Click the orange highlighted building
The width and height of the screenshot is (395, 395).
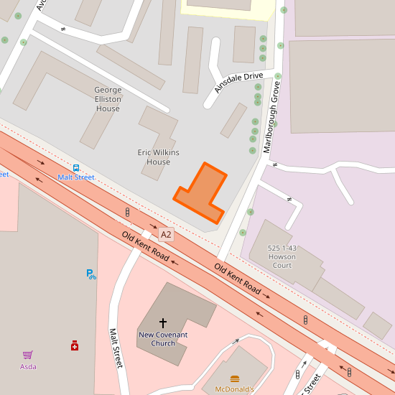click(x=203, y=193)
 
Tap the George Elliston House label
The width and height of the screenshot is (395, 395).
click(x=108, y=99)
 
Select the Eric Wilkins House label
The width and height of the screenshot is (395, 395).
click(x=158, y=157)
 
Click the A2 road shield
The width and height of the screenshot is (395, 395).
click(x=166, y=235)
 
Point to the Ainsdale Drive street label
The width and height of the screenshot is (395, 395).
click(x=239, y=82)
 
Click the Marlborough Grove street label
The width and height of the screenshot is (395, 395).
click(x=271, y=117)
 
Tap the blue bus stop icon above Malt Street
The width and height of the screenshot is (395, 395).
click(x=76, y=168)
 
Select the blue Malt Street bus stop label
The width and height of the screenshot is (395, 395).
click(x=76, y=177)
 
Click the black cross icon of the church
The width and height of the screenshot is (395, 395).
click(x=163, y=323)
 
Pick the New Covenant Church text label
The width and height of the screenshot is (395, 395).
click(x=163, y=339)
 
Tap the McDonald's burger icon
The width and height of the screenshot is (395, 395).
click(x=235, y=378)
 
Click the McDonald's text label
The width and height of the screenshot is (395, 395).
click(x=235, y=389)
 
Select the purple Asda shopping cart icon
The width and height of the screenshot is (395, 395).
click(x=27, y=355)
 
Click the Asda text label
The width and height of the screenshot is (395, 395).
click(x=27, y=366)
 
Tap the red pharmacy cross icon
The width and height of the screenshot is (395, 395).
click(x=75, y=345)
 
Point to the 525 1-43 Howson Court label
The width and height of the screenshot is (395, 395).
click(x=282, y=256)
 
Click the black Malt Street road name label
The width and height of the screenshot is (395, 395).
click(x=115, y=348)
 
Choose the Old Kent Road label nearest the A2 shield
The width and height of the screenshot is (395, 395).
click(x=145, y=246)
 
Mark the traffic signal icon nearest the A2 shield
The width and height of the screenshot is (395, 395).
click(x=128, y=213)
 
